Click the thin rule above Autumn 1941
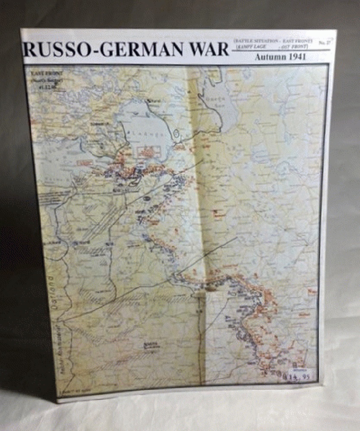coord(280,50)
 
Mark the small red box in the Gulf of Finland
coord(85,162)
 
